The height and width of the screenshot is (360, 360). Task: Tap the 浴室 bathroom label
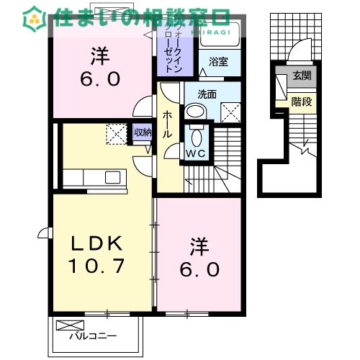(x=219, y=62)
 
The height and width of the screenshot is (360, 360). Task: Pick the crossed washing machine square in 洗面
(x=230, y=112)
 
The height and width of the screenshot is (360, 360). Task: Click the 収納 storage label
(x=143, y=132)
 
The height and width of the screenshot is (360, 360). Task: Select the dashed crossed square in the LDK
(x=116, y=134)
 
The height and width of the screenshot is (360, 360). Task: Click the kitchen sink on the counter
(x=114, y=177)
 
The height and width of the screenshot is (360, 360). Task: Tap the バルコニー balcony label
(x=94, y=335)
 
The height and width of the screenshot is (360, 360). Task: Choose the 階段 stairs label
(x=301, y=102)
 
